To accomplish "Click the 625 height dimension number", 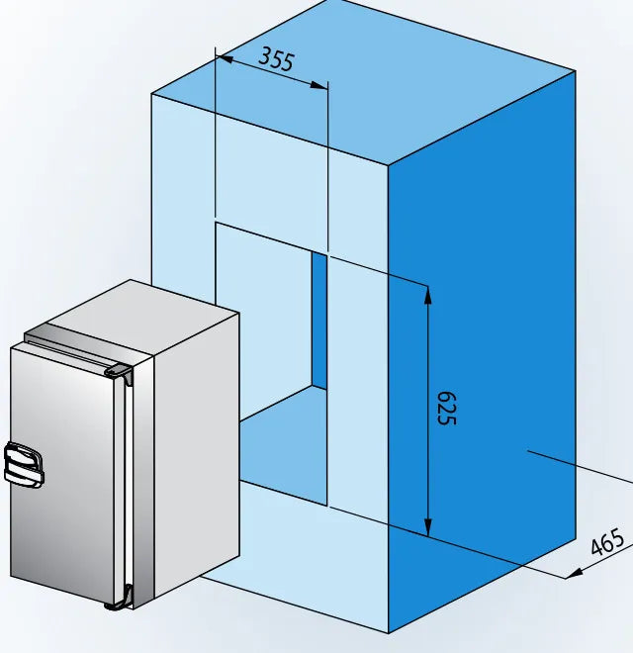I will click(446, 407).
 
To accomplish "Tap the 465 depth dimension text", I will click(607, 543).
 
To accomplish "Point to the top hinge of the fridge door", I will click(120, 372).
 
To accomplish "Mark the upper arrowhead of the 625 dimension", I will click(427, 294).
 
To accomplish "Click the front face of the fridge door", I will click(64, 475).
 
